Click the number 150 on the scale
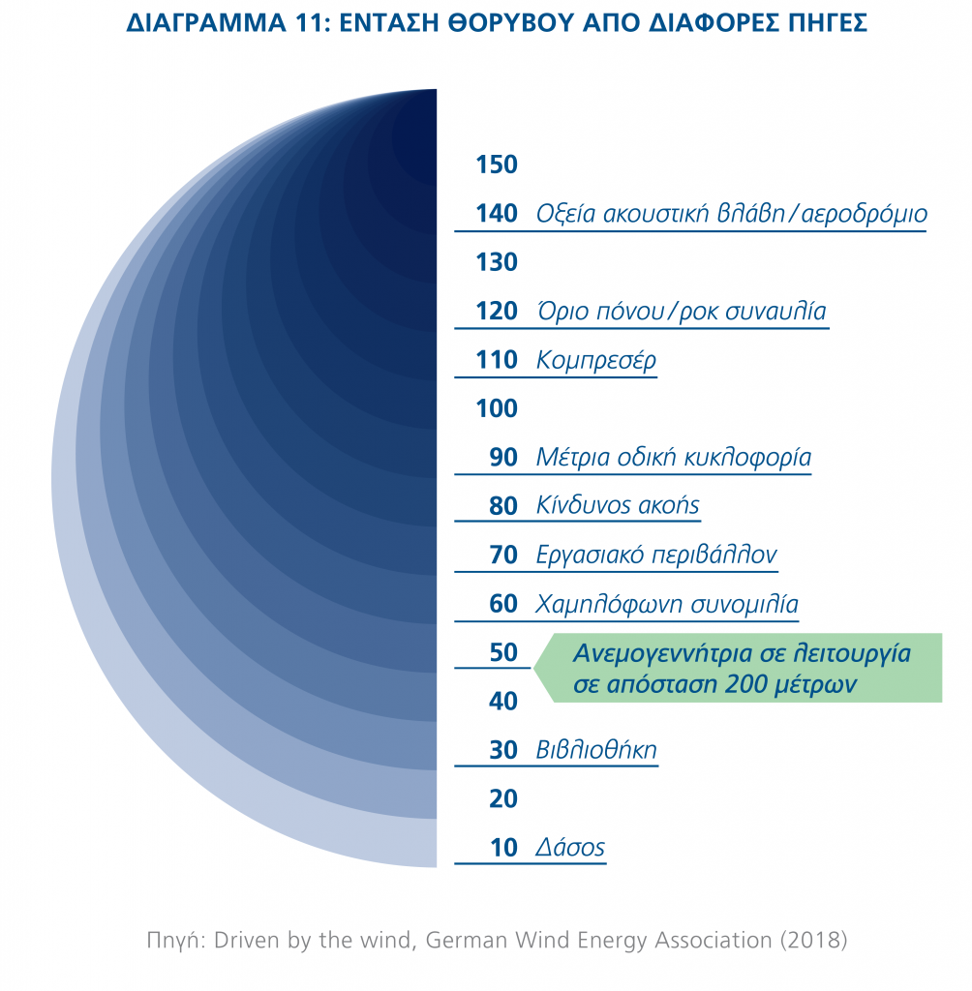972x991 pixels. coord(497,165)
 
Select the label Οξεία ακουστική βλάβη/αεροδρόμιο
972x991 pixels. coord(731,214)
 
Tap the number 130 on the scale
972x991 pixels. coord(497,262)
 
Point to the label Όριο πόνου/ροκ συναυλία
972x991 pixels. coord(681,312)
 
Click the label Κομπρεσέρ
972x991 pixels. coord(595,361)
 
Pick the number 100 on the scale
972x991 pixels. coord(497,409)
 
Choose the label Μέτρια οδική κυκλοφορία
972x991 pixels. coord(673,458)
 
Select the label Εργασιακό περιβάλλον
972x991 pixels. coord(655,556)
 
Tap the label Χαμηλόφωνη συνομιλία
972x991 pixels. coord(666,605)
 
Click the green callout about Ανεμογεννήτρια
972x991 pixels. coord(741,668)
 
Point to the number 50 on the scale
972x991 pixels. coord(503,653)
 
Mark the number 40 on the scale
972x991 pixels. coord(503,702)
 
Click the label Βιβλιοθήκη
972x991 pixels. coord(595,750)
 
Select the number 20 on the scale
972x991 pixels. coord(503,799)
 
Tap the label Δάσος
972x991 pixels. coord(570,849)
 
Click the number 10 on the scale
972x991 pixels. coord(503,849)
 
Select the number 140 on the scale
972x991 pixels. coord(497,214)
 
